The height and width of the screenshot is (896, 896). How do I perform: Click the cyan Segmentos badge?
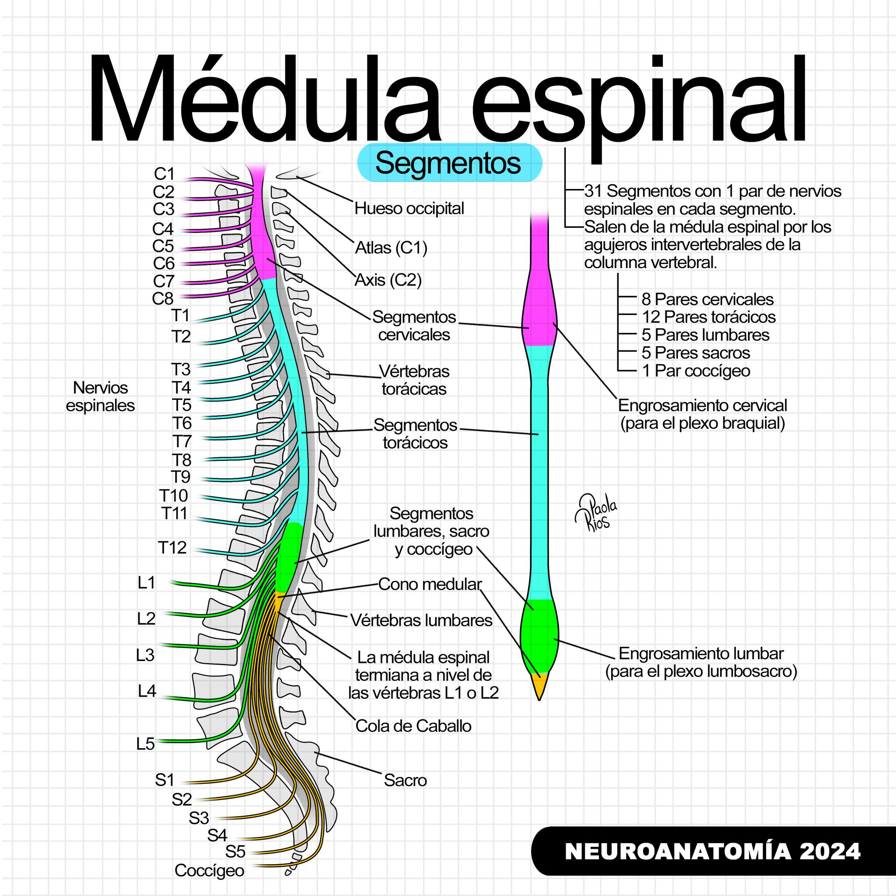pos(449,162)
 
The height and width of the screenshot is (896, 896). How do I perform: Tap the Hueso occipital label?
pos(409,209)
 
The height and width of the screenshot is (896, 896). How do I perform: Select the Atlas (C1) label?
pos(391,248)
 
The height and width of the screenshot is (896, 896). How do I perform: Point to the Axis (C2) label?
pos(388,280)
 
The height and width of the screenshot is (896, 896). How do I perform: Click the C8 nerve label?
pos(163,299)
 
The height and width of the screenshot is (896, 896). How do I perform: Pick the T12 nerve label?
pos(172,548)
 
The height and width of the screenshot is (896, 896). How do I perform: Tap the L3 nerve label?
pos(145,655)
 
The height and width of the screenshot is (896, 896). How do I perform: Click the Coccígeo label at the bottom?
pos(209,871)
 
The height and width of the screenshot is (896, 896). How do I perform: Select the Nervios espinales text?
pos(100,396)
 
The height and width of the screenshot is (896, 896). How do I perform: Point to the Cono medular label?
pos(430,584)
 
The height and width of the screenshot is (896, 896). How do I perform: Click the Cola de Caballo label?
pos(413,726)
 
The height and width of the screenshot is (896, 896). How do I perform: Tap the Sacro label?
pos(405,780)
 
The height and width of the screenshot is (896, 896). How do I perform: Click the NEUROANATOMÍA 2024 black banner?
pos(713,851)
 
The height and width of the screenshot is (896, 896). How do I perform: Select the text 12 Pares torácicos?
pos(709,317)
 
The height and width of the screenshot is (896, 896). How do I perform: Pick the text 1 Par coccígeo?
pos(696,371)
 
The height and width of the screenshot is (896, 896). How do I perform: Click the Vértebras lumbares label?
pos(421,620)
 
